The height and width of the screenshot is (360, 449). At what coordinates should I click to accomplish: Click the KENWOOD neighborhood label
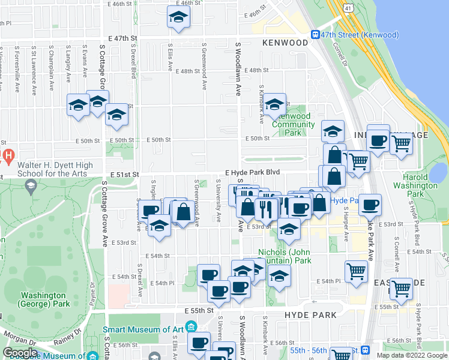[285, 43]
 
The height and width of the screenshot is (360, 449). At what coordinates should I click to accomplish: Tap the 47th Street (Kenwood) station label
[357, 35]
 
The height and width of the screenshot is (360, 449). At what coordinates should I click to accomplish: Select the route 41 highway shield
[349, 8]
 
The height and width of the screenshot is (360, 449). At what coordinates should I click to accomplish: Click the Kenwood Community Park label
[293, 124]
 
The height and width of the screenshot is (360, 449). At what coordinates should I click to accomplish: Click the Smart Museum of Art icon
[191, 327]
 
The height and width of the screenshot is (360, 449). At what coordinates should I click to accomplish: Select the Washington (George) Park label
[43, 299]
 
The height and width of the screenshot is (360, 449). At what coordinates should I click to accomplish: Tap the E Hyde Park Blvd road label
[253, 172]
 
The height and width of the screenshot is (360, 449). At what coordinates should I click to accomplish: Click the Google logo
[20, 352]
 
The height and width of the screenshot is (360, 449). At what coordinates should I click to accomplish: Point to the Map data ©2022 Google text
[410, 355]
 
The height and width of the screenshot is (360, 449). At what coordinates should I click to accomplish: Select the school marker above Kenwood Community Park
[274, 104]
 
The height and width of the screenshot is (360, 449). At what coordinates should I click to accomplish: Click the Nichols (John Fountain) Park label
[285, 256]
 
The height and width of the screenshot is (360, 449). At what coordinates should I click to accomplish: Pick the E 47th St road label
[124, 38]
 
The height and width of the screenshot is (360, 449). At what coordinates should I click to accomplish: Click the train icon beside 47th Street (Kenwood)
[315, 35]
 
